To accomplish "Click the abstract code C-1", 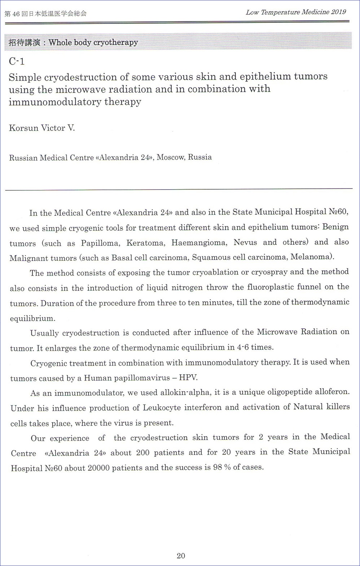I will click(x=17, y=61).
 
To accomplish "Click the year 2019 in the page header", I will click(x=338, y=12).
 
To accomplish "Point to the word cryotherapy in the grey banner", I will click(x=115, y=42).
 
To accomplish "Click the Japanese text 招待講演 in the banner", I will click(x=24, y=43).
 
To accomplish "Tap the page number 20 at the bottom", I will click(x=181, y=556).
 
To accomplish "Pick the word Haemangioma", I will click(x=199, y=243).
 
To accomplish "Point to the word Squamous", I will click(x=208, y=257).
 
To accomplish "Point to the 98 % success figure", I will click(x=221, y=468).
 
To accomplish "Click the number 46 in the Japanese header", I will click(x=16, y=14).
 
